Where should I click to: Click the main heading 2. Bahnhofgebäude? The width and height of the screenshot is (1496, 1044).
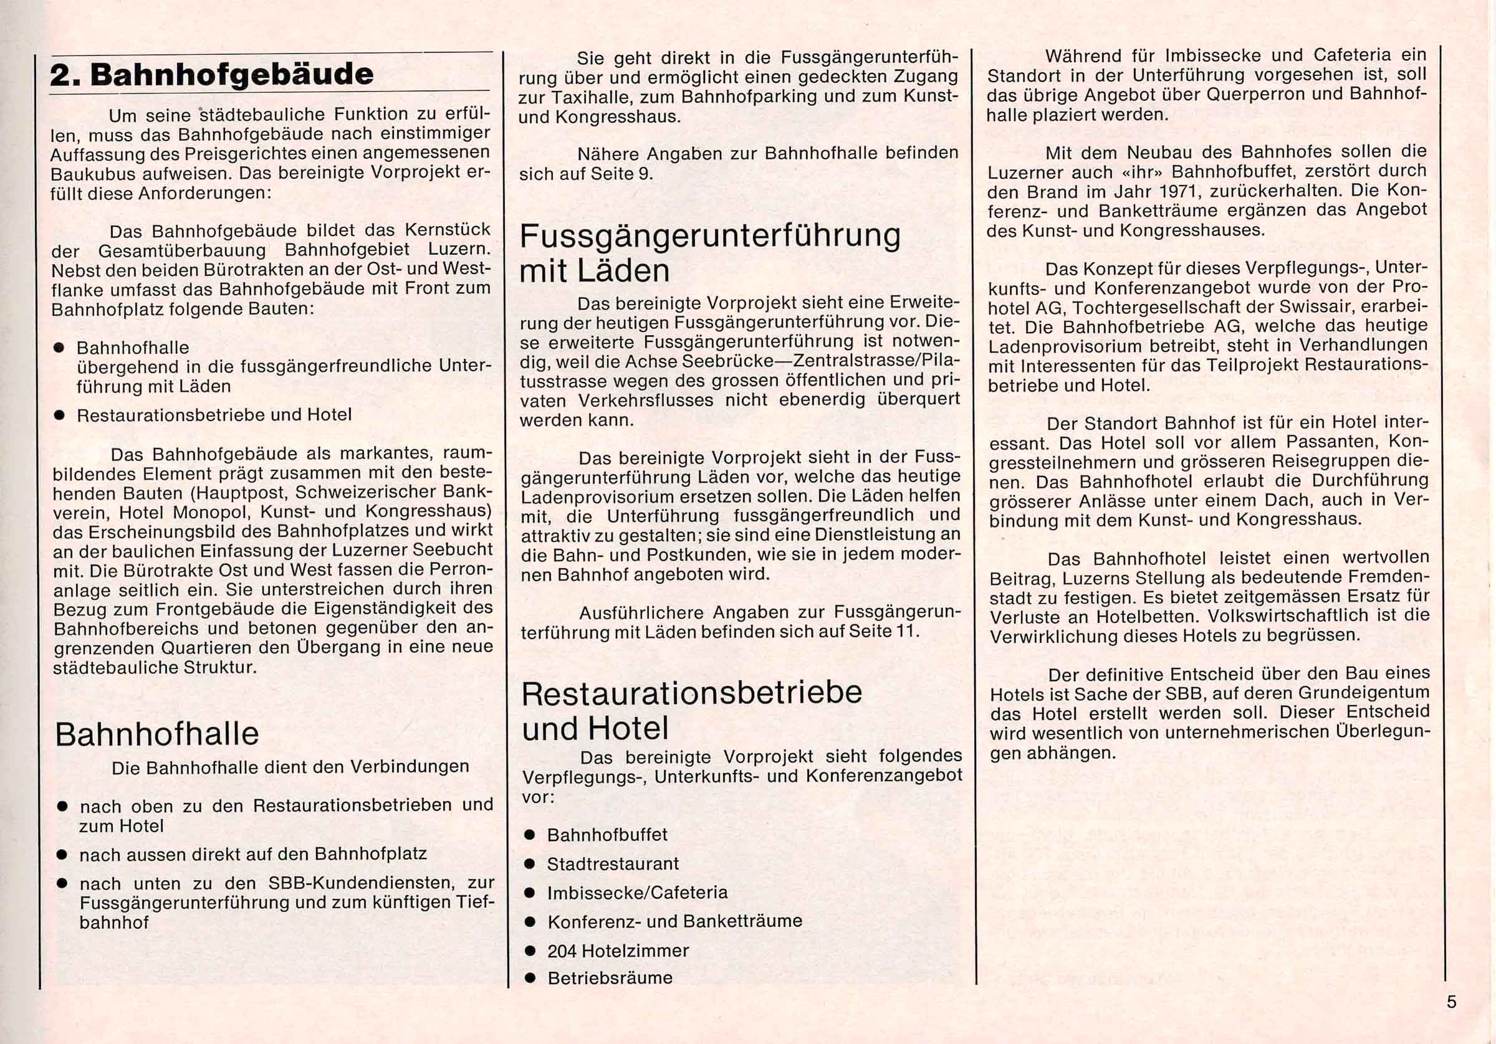click(212, 75)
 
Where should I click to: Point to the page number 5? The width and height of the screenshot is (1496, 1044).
click(1451, 1002)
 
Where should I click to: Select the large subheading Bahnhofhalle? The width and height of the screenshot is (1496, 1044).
click(157, 734)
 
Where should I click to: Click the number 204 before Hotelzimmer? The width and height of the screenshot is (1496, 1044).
click(562, 951)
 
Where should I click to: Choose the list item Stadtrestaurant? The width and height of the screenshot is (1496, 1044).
click(613, 864)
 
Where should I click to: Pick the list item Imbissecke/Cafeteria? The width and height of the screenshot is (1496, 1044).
click(637, 892)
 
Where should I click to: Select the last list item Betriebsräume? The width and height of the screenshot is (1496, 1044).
click(610, 978)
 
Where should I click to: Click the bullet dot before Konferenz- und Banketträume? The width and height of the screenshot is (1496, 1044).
click(530, 921)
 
